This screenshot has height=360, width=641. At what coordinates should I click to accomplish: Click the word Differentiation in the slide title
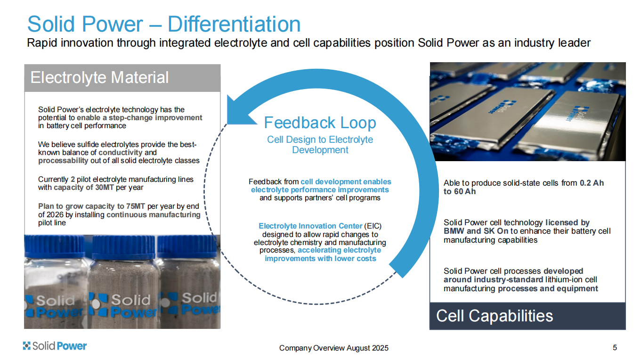tap(234, 24)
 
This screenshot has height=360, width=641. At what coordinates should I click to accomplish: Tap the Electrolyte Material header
tap(99, 77)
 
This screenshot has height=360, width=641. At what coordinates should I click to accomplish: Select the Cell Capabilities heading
tap(495, 316)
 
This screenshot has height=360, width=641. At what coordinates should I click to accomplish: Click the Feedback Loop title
tap(320, 123)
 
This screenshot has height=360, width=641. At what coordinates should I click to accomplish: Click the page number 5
tap(615, 348)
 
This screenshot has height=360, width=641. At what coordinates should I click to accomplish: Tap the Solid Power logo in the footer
tap(55, 346)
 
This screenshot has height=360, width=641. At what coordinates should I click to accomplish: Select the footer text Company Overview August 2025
tap(333, 348)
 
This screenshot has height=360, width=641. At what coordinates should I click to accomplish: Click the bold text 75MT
tap(136, 206)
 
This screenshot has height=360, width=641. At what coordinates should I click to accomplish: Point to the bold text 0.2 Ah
tap(592, 183)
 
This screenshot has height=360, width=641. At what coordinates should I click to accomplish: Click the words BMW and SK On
tap(476, 231)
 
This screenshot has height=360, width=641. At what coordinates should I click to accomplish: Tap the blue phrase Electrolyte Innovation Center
tap(310, 226)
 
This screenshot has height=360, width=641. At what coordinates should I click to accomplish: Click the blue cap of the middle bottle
tap(123, 247)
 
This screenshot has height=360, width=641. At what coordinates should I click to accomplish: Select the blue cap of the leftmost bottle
tap(54, 245)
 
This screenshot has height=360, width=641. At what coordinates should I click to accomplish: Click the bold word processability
tap(63, 161)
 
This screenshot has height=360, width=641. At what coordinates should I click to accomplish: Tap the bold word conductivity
tap(121, 153)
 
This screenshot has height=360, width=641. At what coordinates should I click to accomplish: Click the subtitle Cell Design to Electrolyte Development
tap(320, 145)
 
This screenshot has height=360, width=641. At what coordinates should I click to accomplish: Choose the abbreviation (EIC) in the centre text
tap(373, 226)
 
